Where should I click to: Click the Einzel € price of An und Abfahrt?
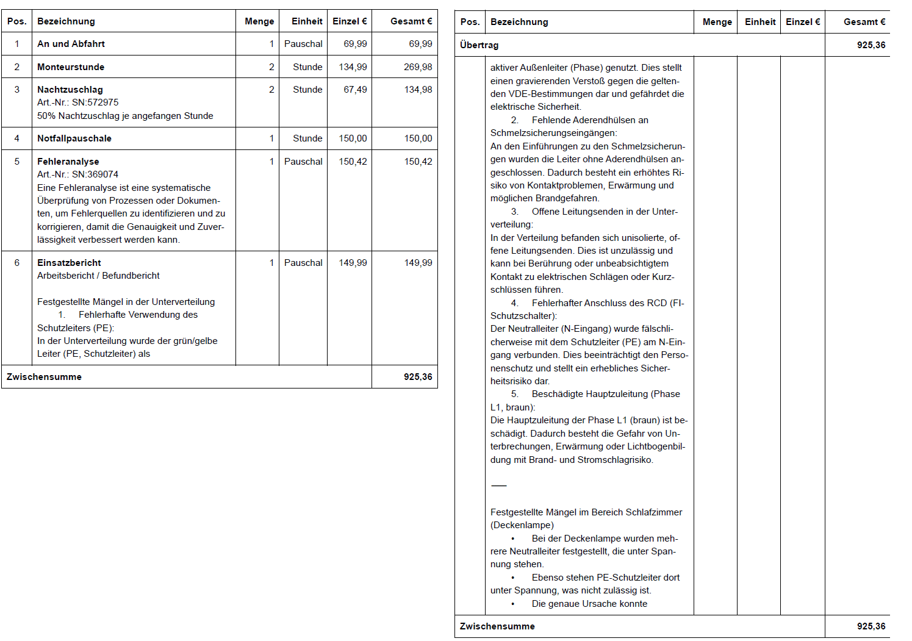coord(355,44)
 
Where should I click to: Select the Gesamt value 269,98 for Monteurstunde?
coord(418,67)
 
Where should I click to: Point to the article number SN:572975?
coord(95,102)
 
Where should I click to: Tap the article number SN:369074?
coord(95,174)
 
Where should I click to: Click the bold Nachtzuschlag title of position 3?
coord(70,90)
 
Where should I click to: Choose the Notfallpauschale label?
coord(74,138)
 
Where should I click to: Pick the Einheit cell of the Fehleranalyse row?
coord(303,162)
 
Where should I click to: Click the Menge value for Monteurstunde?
coord(271,67)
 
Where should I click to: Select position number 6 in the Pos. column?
coord(17,263)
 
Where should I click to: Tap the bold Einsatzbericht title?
coord(69,263)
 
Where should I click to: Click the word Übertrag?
coord(479,45)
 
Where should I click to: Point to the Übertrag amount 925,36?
coord(871,45)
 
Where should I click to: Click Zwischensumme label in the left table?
coord(44,377)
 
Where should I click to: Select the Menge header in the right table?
coord(717,22)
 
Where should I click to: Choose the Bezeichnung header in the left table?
coord(66,21)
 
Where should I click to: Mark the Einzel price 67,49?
coord(355,90)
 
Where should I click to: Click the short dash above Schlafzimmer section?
coord(498,485)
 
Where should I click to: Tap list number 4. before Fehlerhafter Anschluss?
coord(515,303)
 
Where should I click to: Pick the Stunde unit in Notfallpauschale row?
coord(307,138)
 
